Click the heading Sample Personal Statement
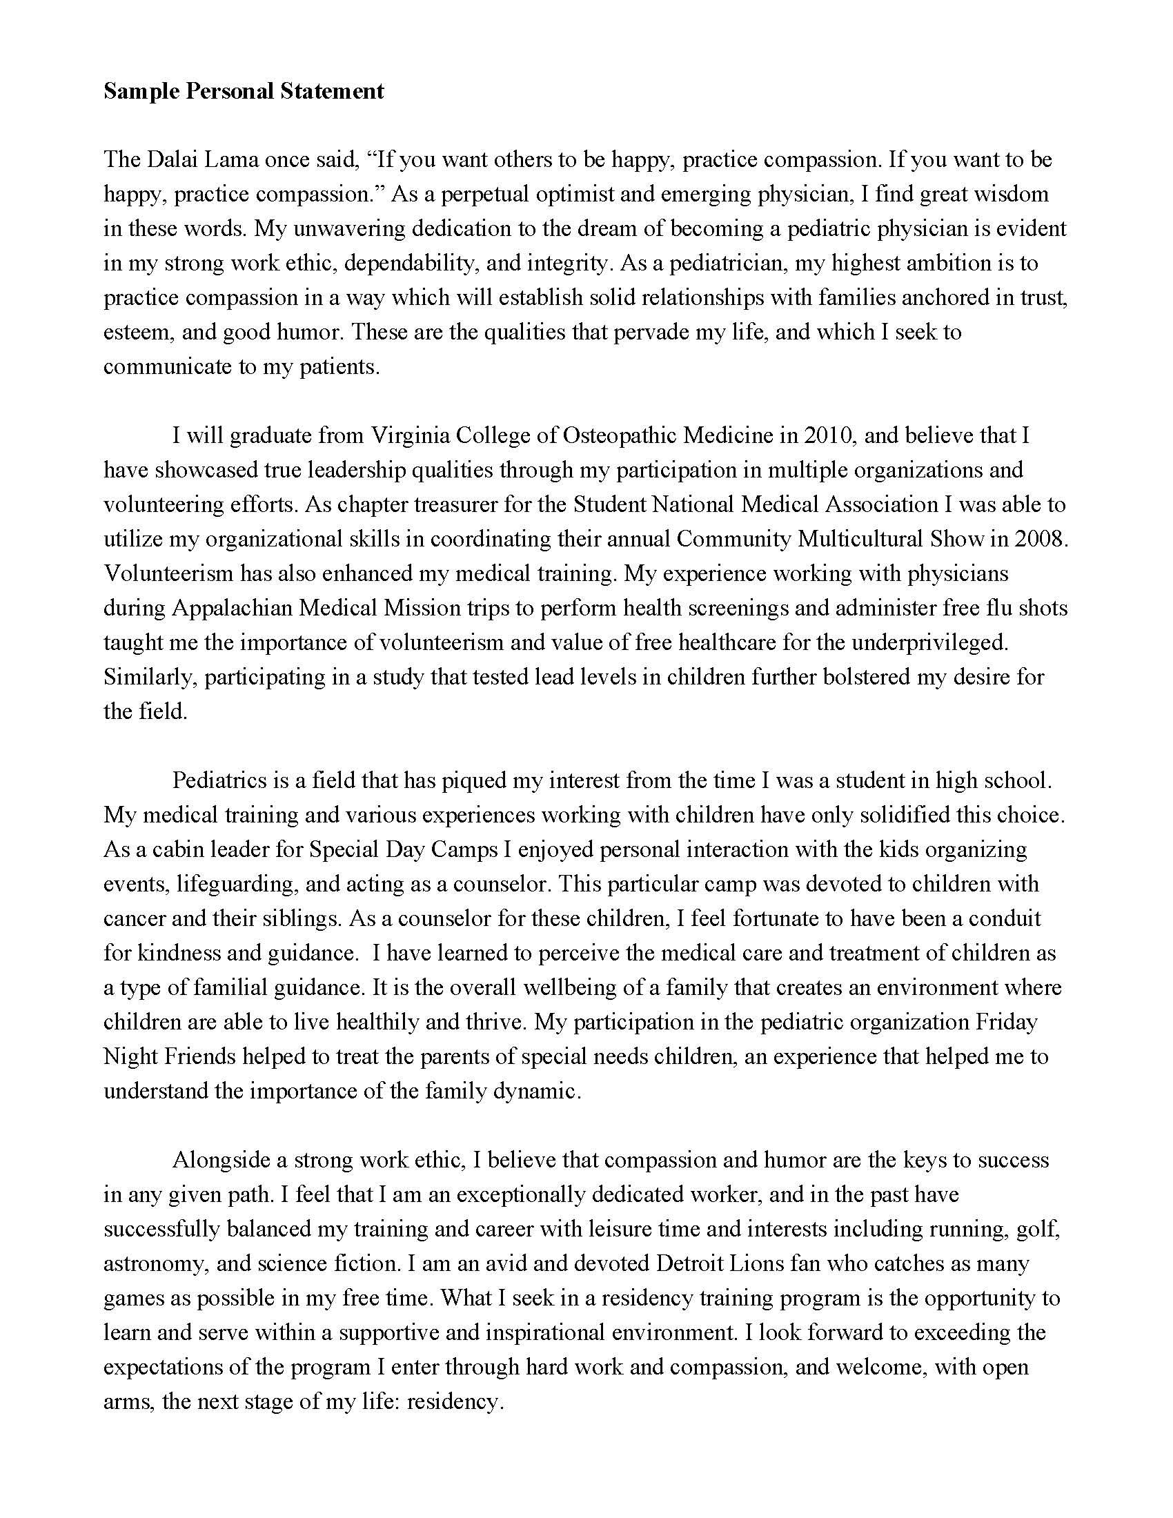click(243, 91)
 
